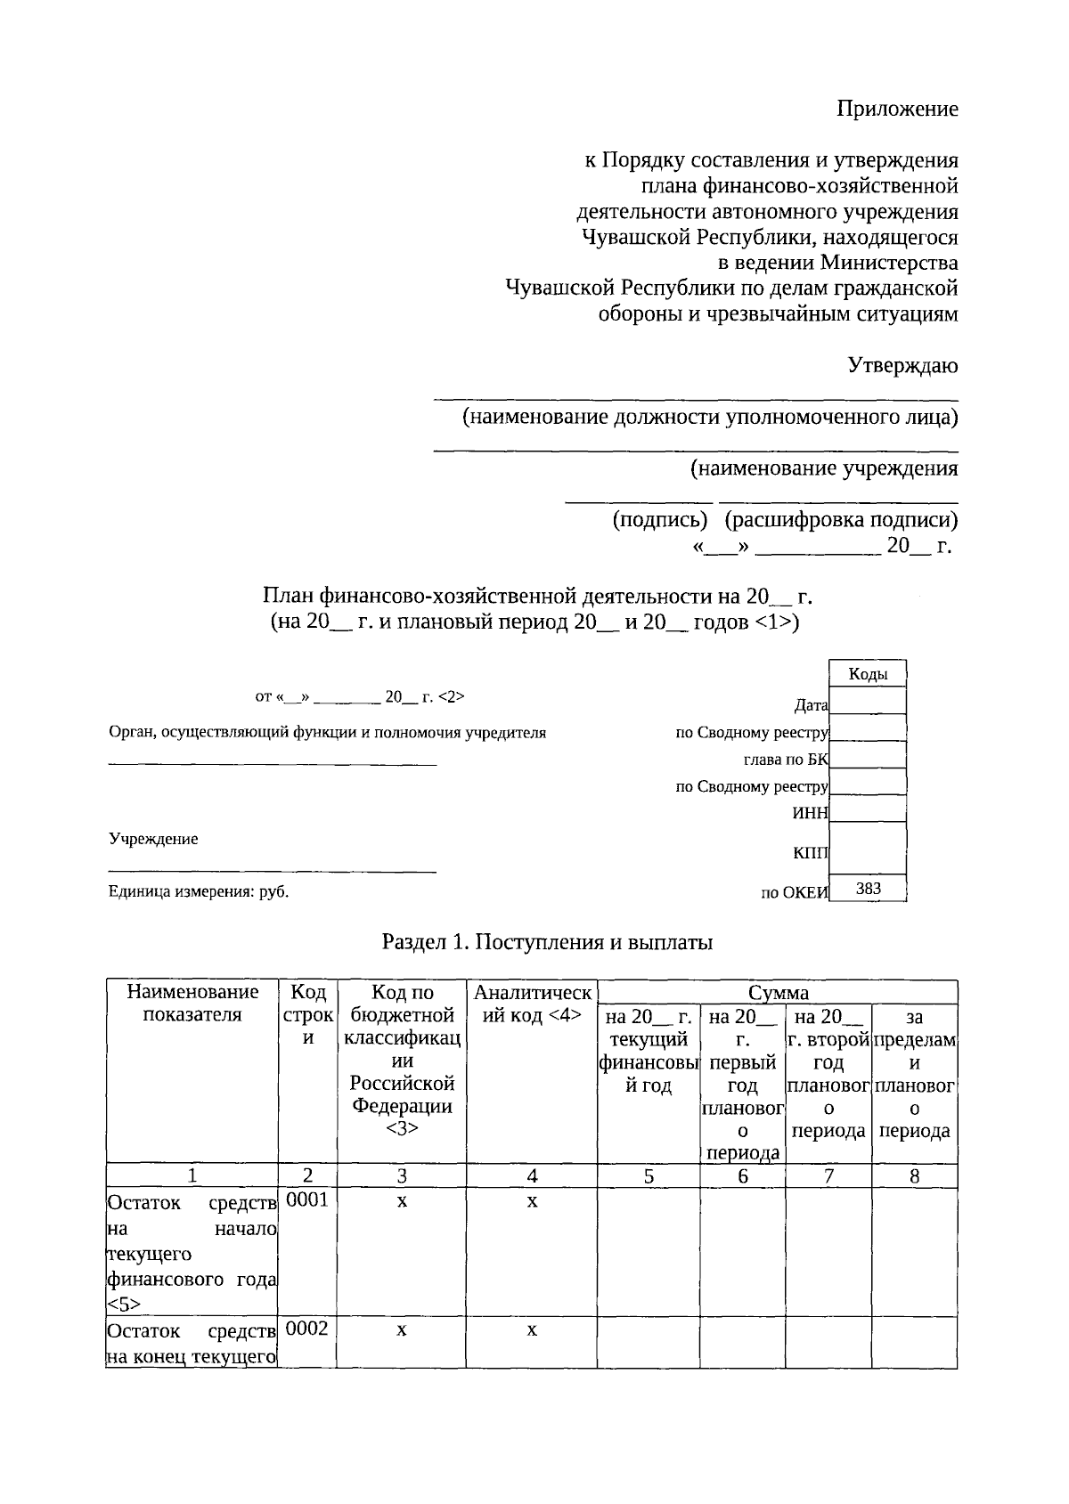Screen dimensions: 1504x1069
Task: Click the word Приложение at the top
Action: point(897,109)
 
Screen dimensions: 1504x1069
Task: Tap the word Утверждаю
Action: point(902,365)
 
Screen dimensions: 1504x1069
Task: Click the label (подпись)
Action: point(659,520)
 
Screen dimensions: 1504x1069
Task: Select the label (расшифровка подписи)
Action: point(841,520)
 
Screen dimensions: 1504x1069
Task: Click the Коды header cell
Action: point(868,674)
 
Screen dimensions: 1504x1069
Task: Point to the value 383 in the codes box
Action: point(868,888)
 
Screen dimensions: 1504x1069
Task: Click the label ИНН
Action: point(810,813)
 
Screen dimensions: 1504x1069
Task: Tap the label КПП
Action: point(810,853)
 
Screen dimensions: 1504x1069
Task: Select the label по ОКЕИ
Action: point(794,893)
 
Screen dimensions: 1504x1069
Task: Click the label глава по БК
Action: point(785,760)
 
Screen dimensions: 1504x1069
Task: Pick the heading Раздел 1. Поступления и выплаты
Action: point(547,942)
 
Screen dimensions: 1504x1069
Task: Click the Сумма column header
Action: point(778,992)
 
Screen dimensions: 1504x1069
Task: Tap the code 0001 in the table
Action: point(307,1200)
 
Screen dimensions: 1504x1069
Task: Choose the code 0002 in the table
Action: point(307,1329)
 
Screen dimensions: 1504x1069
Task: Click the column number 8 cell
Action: point(914,1176)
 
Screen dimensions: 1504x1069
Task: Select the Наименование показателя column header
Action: point(192,1004)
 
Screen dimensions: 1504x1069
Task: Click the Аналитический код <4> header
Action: point(532,1004)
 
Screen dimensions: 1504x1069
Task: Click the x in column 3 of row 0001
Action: point(402,1201)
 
